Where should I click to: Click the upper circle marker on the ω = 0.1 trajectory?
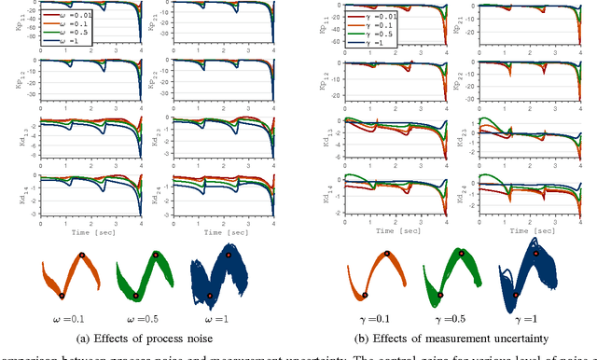pyautogui.click(x=82, y=255)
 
